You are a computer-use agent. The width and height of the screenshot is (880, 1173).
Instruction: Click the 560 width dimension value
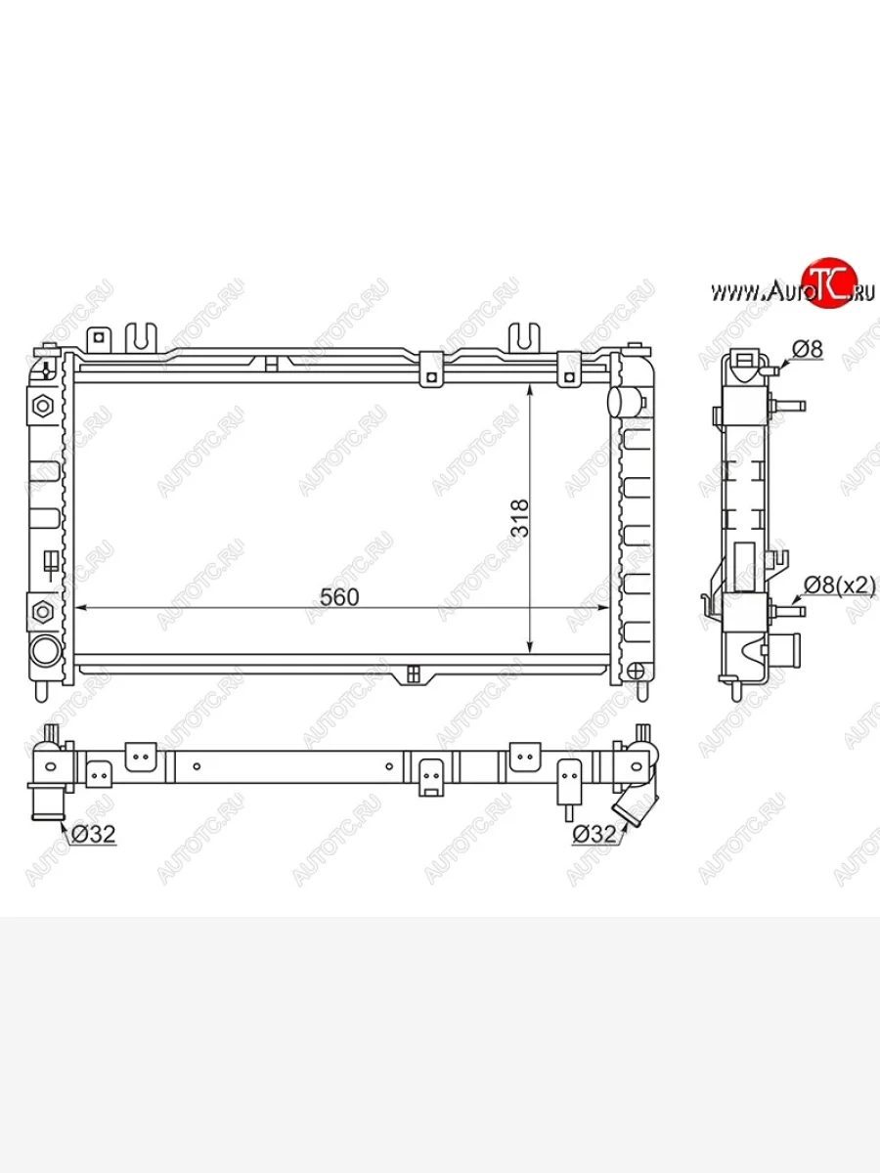(339, 597)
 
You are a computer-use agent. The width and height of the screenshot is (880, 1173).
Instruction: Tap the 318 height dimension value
(520, 518)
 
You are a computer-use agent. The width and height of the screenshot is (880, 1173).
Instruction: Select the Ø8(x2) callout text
(840, 586)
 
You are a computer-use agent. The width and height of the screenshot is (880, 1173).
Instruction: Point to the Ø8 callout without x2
(808, 350)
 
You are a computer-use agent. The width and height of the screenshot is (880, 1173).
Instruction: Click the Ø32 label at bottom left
(94, 834)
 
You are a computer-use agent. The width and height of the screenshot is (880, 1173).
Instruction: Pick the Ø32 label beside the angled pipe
(594, 834)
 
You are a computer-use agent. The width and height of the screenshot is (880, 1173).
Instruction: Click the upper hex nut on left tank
(43, 407)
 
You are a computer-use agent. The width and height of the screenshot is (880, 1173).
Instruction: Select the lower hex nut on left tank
(43, 611)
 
